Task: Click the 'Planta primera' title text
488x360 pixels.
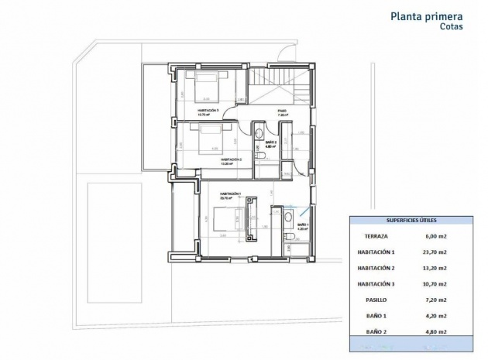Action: pos(427,15)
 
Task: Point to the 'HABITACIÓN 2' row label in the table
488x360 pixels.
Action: pos(377,268)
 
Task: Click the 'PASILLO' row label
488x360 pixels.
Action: pos(377,299)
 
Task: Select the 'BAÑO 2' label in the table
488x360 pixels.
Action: pos(377,331)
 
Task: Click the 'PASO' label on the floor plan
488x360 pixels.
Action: pos(282,111)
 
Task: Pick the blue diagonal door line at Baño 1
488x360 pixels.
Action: pos(307,211)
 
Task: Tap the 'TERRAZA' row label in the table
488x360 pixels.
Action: pos(377,237)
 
